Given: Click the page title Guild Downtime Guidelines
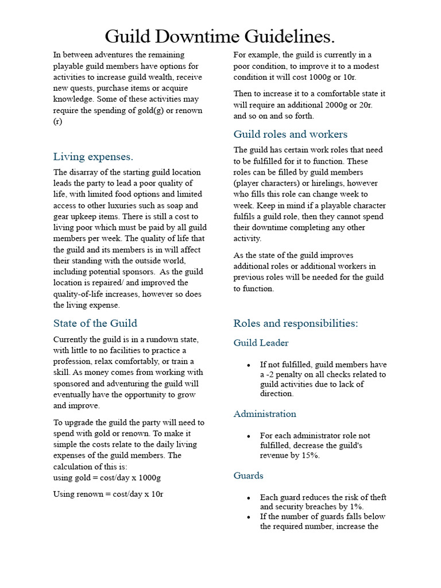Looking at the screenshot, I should pos(220,37).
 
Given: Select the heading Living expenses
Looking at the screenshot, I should pos(93,157).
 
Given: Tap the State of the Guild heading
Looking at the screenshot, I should pos(95,323).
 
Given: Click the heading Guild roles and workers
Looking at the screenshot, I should pos(290,134).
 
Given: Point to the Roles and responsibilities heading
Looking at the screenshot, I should pos(295,323).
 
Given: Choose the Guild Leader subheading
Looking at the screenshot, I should pos(261,343).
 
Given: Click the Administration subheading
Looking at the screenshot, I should pos(265,413).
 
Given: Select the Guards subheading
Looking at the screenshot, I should pos(248,475).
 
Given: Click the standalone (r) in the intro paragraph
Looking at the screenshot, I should pos(57,121).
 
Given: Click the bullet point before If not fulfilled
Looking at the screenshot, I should pos(248,365).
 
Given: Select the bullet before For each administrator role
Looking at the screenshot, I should pos(248,436).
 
